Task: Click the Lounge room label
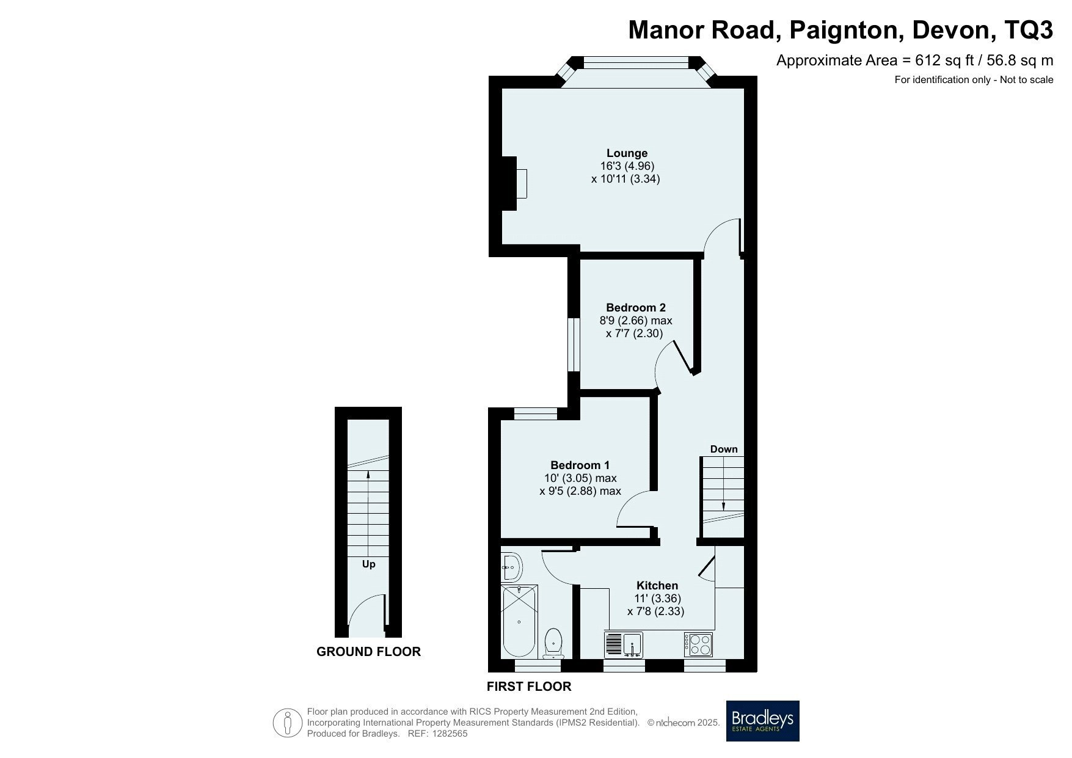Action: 627,153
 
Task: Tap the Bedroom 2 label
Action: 636,307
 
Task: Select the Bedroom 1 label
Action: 580,465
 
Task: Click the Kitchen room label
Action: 657,585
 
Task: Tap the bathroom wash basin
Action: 511,567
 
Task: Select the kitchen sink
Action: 624,644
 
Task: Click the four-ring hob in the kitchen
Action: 699,644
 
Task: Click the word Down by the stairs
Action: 724,449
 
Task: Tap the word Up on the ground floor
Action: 368,564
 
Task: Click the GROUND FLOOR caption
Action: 368,652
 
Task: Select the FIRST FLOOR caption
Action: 529,687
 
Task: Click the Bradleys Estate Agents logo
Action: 762,721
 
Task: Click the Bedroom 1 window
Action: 536,414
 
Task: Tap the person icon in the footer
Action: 288,723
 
